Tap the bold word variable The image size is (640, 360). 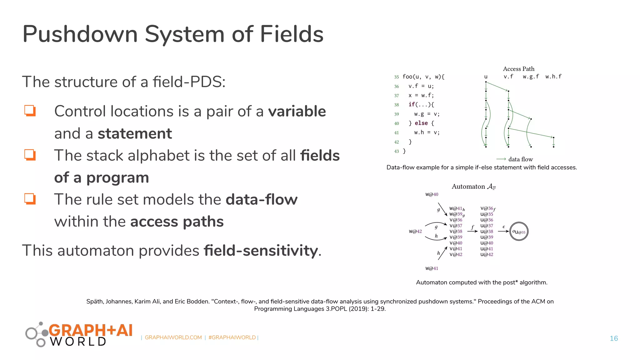(297, 111)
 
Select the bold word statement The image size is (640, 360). (135, 134)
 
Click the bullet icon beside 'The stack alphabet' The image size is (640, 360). (30, 155)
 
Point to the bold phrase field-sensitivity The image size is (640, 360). (261, 251)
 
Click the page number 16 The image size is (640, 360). (614, 338)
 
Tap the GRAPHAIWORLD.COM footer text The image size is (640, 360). (173, 337)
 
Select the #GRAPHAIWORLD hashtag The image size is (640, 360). (232, 337)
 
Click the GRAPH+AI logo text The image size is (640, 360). (90, 331)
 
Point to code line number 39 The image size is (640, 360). (397, 114)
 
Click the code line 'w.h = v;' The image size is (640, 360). (427, 132)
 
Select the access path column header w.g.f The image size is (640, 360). (531, 77)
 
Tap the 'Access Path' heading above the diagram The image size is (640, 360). (518, 69)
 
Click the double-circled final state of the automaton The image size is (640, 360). (519, 232)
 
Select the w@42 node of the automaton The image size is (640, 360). (415, 232)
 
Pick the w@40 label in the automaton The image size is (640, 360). (432, 194)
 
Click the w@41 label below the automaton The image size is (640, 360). (432, 268)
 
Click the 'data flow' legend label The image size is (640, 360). (520, 159)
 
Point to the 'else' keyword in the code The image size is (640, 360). (421, 123)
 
